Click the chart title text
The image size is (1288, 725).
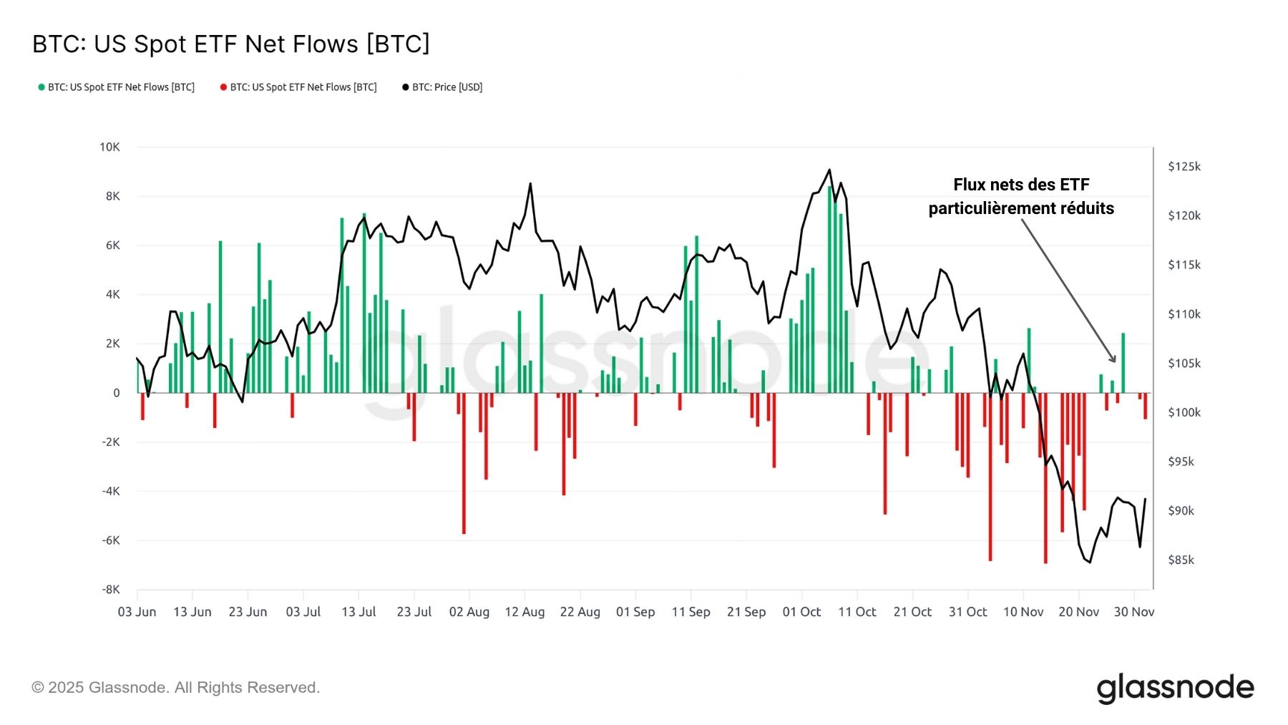pos(231,44)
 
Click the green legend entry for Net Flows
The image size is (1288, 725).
pos(117,87)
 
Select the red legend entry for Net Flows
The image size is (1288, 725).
pos(298,87)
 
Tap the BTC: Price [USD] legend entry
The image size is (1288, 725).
pos(442,87)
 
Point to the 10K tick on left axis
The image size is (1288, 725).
pos(109,147)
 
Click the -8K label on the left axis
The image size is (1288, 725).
pos(110,590)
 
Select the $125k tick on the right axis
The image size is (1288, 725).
pos(1184,166)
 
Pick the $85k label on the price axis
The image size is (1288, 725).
pos(1181,560)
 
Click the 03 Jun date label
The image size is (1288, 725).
pos(137,612)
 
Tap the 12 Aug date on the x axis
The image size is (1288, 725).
pos(525,612)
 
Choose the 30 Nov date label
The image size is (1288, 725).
pos(1133,612)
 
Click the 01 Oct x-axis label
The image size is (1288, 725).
pos(801,612)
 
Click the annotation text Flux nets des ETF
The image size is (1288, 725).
pos(1021,185)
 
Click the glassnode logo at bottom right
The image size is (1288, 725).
pos(1175,688)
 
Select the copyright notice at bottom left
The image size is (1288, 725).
pos(175,688)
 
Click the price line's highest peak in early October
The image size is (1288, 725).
pos(829,170)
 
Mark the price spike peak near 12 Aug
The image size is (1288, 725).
pos(530,184)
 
